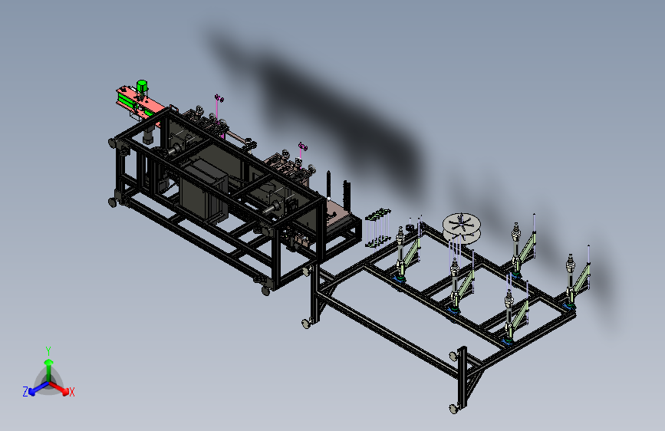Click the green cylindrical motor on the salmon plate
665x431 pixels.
142,86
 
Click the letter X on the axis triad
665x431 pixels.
71,392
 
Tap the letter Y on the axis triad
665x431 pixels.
48,351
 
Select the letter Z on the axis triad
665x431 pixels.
25,392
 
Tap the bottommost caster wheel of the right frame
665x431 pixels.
454,409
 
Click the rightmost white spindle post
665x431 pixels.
570,278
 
